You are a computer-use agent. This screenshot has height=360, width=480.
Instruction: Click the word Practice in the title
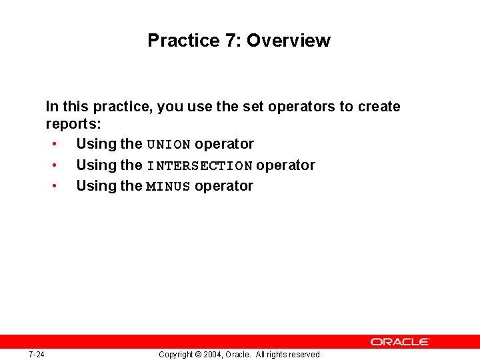183,41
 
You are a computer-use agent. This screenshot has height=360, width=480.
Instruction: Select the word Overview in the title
288,41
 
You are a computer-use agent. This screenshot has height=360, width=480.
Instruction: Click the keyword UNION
169,145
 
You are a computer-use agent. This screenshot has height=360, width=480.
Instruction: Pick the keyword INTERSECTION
199,166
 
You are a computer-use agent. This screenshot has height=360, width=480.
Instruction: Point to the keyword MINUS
169,187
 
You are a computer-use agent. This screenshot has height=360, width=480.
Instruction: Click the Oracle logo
400,341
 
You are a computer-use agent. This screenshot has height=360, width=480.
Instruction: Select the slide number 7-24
37,355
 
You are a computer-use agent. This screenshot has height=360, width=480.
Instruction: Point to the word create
379,107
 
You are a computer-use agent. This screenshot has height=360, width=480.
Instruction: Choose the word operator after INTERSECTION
285,165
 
